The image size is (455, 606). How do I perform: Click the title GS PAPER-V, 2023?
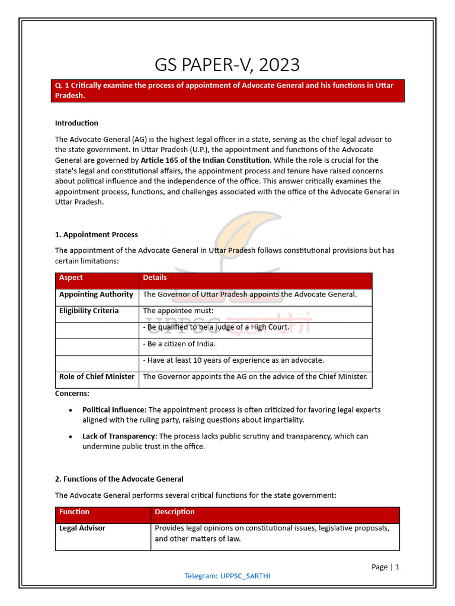click(x=227, y=64)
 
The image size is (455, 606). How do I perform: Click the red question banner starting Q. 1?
click(x=227, y=91)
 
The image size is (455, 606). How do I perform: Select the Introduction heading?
click(x=76, y=123)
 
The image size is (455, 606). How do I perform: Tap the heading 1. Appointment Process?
click(x=96, y=234)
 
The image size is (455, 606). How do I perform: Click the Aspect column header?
click(x=71, y=278)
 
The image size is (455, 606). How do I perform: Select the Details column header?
click(x=155, y=278)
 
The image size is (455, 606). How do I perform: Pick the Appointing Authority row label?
click(x=96, y=295)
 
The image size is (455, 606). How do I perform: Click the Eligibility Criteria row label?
click(x=89, y=311)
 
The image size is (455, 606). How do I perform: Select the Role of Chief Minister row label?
click(x=97, y=376)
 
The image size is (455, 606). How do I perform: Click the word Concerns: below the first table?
click(x=72, y=393)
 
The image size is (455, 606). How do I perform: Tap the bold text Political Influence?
click(x=113, y=410)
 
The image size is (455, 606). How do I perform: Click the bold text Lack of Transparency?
click(x=118, y=436)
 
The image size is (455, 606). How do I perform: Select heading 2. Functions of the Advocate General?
click(x=119, y=479)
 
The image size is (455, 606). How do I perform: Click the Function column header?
click(x=74, y=512)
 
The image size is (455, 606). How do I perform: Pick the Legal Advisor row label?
click(x=82, y=528)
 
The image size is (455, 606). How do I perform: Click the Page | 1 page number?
click(x=385, y=566)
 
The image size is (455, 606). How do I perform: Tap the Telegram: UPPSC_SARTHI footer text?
click(x=227, y=576)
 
